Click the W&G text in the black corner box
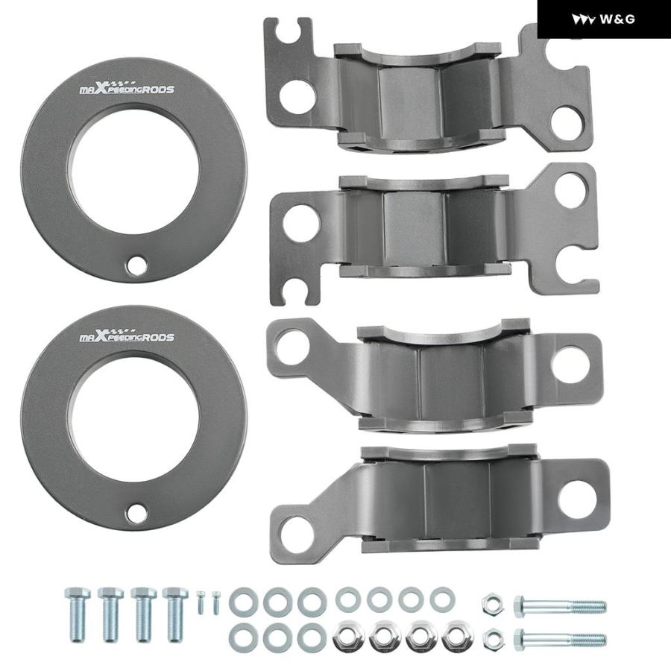point(617,19)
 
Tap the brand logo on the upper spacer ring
point(127,87)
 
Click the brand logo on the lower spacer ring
point(127,335)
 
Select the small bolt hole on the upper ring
point(136,265)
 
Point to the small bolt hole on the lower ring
point(136,513)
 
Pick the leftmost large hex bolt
point(78,614)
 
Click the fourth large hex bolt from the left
point(175,614)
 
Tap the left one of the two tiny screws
point(201,602)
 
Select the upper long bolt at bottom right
point(560,605)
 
